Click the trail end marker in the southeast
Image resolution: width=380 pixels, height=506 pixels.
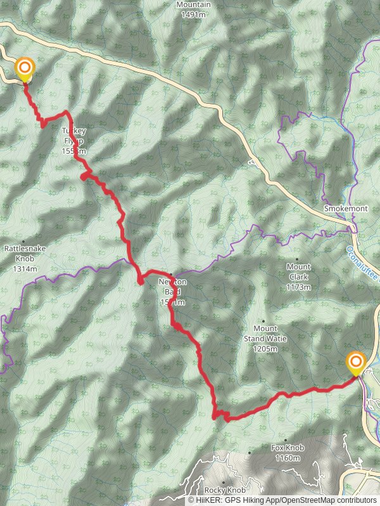[356, 363]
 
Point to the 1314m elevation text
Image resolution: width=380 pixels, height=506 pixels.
[25, 269]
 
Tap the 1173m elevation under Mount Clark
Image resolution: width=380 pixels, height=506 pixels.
[298, 287]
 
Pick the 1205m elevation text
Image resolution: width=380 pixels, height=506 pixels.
[265, 349]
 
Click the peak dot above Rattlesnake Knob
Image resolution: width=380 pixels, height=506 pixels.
[24, 242]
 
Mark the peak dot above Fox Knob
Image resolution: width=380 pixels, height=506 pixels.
[286, 440]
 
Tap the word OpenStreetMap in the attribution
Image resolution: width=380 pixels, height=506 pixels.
[298, 500]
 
